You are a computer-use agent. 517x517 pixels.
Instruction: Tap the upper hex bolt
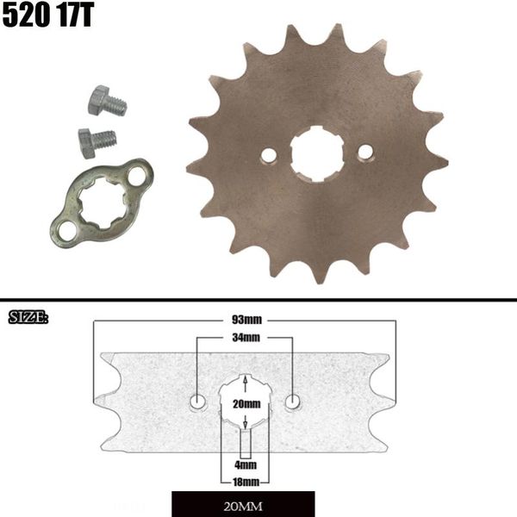pyautogui.click(x=107, y=102)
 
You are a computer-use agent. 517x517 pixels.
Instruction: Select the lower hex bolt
pyautogui.click(x=97, y=140)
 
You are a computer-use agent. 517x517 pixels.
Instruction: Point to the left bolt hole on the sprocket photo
pyautogui.click(x=269, y=156)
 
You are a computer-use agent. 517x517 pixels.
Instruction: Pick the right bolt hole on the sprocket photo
pyautogui.click(x=365, y=152)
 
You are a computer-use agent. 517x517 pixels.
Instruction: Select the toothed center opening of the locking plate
pyautogui.click(x=100, y=203)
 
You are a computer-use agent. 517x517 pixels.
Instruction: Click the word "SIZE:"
pyautogui.click(x=28, y=318)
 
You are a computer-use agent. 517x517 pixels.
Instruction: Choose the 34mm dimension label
pyautogui.click(x=245, y=338)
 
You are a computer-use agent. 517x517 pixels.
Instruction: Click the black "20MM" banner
pyautogui.click(x=243, y=503)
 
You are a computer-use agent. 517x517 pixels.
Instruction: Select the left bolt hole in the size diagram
pyautogui.click(x=198, y=402)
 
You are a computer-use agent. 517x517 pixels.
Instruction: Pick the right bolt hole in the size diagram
pyautogui.click(x=293, y=402)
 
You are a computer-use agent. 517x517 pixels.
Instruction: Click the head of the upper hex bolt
pyautogui.click(x=98, y=99)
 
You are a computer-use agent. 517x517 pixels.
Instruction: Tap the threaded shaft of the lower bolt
pyautogui.click(x=108, y=137)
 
